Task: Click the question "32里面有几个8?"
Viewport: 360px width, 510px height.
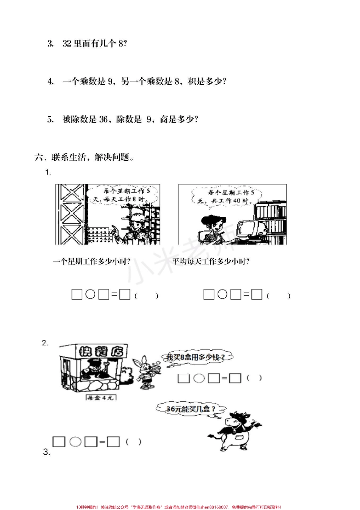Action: (x=94, y=44)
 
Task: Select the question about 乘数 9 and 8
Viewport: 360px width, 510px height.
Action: (x=144, y=81)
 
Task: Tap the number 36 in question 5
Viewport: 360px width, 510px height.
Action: (x=103, y=119)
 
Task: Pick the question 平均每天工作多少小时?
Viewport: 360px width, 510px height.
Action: (x=211, y=261)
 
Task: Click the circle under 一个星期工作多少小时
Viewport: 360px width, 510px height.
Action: (x=90, y=294)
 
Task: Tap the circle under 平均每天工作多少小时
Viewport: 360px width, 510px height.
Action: (x=222, y=294)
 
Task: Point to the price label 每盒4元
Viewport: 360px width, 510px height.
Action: (x=100, y=397)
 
